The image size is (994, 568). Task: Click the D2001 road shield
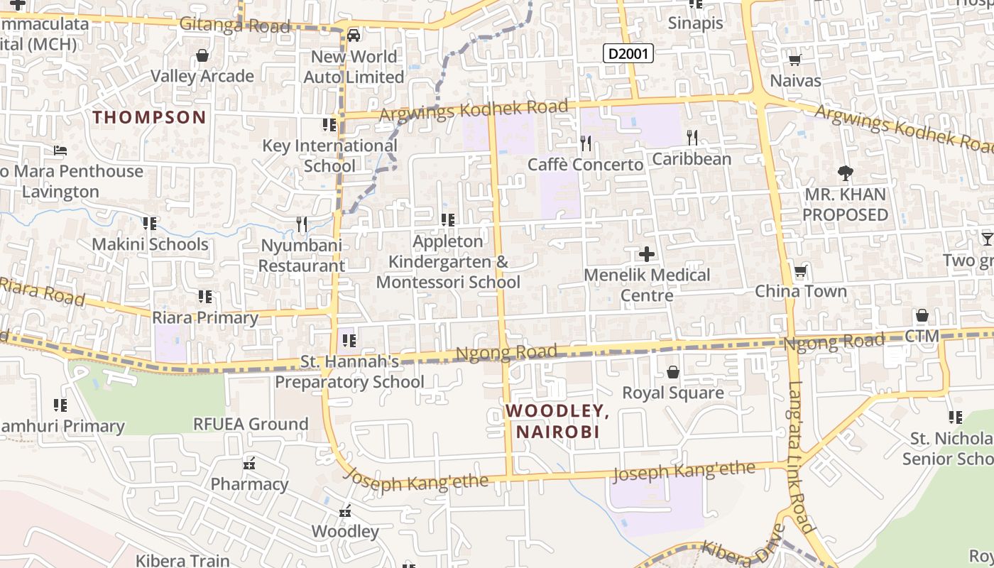(x=628, y=53)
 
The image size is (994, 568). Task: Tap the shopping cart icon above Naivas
(x=794, y=60)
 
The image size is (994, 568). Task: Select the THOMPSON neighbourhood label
(x=149, y=117)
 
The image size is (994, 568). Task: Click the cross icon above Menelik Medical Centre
(x=646, y=253)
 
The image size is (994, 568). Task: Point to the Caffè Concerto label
(x=585, y=165)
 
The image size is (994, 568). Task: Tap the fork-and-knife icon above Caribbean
(x=692, y=137)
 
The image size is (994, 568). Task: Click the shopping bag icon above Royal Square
(x=672, y=371)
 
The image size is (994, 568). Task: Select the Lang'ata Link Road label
(x=800, y=458)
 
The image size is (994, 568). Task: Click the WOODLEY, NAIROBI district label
(x=557, y=421)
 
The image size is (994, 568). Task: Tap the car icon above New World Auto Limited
(x=353, y=35)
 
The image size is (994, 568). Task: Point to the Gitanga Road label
(x=234, y=26)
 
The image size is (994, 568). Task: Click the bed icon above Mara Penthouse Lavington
(x=60, y=151)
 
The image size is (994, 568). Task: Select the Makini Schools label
(x=150, y=244)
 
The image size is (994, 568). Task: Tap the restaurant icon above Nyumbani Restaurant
(x=302, y=224)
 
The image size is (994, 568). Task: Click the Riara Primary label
(x=205, y=317)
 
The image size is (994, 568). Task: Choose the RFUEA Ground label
(x=251, y=424)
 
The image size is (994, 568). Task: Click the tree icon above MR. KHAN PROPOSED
(x=845, y=173)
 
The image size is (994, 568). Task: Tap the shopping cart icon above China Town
(x=800, y=271)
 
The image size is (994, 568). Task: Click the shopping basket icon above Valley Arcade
(x=202, y=55)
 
